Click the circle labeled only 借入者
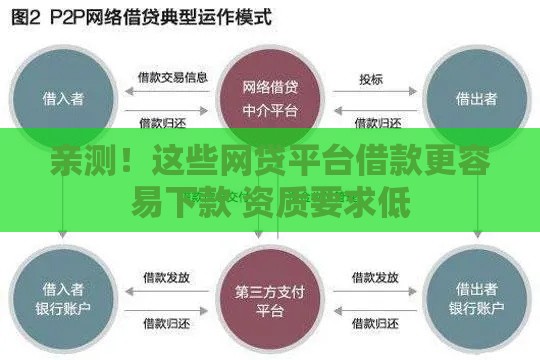coord(63,97)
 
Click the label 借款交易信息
coord(172,77)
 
